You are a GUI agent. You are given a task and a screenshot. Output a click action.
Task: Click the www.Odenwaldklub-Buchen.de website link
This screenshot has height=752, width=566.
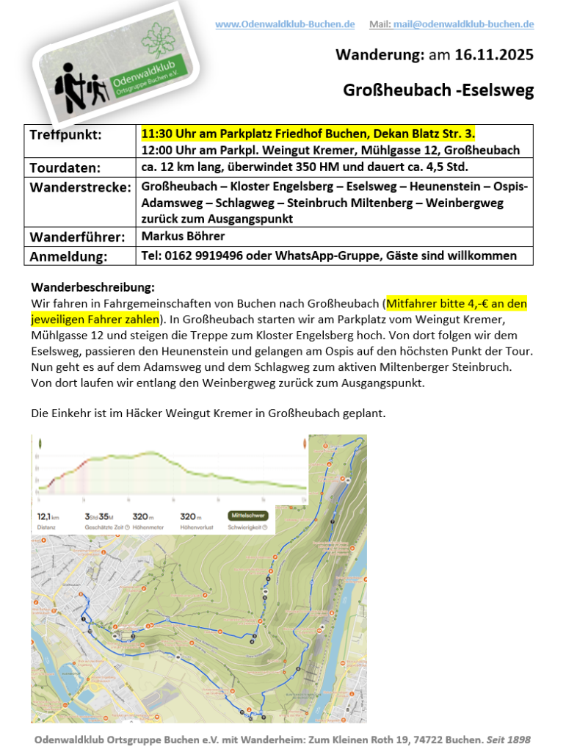pos(284,24)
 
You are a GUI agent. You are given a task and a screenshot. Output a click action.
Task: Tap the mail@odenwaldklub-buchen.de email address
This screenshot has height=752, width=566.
pos(463,24)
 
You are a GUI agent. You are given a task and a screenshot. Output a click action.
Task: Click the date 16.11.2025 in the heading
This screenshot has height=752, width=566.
pos(494,55)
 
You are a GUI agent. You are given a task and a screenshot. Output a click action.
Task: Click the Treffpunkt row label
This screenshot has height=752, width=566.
pos(65,135)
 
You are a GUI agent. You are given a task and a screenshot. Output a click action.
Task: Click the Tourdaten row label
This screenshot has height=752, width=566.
pos(65,167)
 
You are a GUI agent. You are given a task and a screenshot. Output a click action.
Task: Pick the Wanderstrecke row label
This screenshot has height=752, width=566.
pos(81,186)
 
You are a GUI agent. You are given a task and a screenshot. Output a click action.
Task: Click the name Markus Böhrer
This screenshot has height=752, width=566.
pos(184,236)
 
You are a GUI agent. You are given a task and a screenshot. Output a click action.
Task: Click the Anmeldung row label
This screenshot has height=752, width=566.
pos(68,256)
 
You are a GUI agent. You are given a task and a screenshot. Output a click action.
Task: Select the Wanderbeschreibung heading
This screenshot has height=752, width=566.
pos(93,287)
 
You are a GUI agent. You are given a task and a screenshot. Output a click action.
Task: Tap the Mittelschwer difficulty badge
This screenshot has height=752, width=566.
pos(247,516)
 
